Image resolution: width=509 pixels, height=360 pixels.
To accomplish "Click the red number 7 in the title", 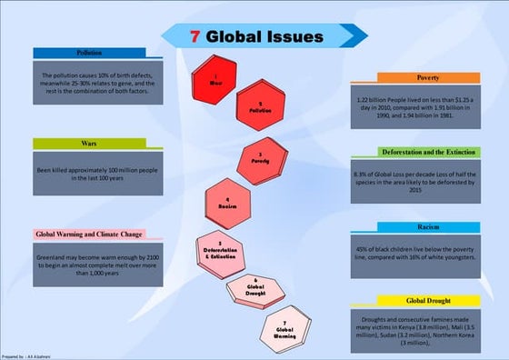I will (195, 37).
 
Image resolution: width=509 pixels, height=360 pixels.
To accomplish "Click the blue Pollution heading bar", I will (89, 54).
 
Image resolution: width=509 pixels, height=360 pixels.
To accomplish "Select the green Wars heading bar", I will (89, 144).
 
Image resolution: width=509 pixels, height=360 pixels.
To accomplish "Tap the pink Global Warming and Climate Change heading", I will (89, 234).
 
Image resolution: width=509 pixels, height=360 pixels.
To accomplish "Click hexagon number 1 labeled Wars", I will (215, 77).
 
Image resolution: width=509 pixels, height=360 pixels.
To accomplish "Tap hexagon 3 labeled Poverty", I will (260, 156).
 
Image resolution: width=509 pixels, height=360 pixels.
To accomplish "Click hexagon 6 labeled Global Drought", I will (255, 288).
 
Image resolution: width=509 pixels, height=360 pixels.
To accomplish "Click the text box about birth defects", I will (98, 80).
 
